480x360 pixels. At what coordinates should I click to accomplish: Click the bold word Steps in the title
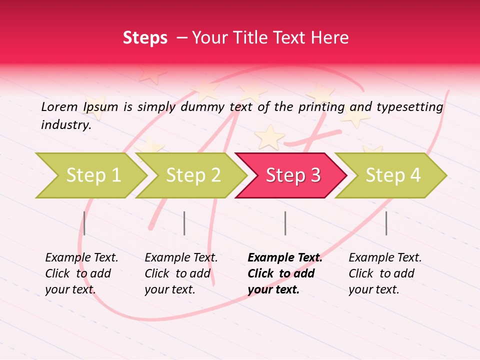click(145, 38)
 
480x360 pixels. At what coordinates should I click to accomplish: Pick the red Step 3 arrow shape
click(293, 175)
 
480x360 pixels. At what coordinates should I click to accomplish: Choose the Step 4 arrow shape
click(393, 175)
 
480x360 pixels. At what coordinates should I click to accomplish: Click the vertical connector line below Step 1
click(84, 223)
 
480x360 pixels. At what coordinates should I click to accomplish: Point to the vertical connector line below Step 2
click(184, 223)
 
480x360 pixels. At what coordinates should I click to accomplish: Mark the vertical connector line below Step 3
click(285, 223)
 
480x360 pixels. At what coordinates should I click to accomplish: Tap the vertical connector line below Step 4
click(386, 223)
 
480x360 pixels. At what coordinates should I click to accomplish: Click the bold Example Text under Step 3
click(285, 273)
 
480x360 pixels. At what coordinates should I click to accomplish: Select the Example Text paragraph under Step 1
click(81, 273)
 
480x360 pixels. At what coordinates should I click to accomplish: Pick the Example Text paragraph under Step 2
click(181, 273)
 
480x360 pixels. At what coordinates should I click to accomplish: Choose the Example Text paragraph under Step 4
click(385, 273)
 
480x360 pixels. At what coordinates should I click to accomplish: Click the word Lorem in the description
click(59, 106)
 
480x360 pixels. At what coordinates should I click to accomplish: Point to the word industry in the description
click(65, 125)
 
